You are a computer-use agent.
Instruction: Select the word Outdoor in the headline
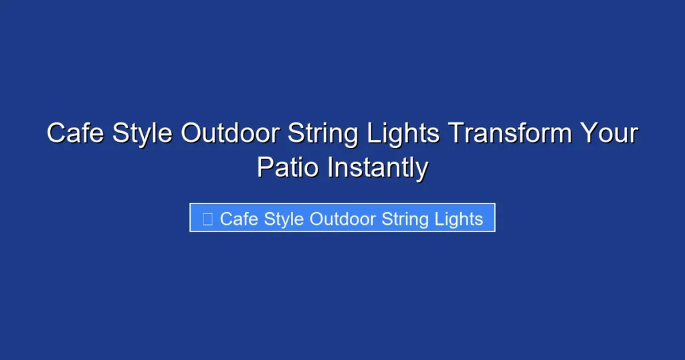(231, 133)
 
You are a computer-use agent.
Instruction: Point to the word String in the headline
(324, 133)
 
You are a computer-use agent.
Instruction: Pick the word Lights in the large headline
(403, 133)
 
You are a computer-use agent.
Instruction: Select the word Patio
(288, 167)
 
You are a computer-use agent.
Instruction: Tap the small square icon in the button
(207, 219)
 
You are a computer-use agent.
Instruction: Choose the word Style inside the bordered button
(284, 219)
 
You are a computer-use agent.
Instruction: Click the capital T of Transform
(456, 133)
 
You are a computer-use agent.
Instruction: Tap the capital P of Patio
(265, 167)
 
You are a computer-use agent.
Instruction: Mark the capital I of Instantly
(329, 167)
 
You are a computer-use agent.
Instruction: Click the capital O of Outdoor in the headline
(192, 133)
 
